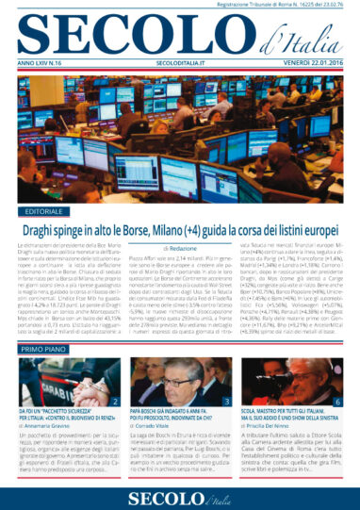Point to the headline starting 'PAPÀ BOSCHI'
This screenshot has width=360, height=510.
pyautogui.click(x=176, y=416)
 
